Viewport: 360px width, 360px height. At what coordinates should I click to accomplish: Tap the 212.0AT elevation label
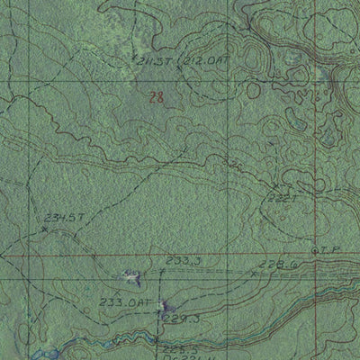pos(206,60)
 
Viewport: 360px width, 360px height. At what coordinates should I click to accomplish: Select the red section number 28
pos(157,98)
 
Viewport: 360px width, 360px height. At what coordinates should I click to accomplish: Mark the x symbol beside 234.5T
pos(44,230)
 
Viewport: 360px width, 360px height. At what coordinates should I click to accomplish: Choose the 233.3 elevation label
pos(183,260)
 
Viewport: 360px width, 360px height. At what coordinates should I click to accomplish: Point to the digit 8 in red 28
pos(162,98)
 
